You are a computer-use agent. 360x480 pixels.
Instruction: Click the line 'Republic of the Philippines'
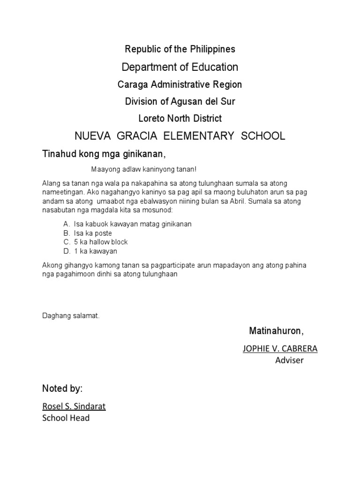coord(180,49)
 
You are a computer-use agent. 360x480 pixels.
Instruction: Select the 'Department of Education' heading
coord(180,67)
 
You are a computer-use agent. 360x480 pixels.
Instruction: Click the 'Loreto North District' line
coord(180,119)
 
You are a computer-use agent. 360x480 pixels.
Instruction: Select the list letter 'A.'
coord(67,224)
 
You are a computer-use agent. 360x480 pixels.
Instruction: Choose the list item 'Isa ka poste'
coord(93,233)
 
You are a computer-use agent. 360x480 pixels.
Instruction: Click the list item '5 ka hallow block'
coord(101,242)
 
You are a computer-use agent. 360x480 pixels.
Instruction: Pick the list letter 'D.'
coord(67,251)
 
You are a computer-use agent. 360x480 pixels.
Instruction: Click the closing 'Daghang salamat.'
coord(71,316)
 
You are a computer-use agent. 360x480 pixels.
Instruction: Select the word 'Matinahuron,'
coord(276,331)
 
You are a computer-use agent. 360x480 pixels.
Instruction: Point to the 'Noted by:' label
coord(62,389)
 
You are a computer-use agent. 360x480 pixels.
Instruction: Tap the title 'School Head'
coord(66,418)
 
